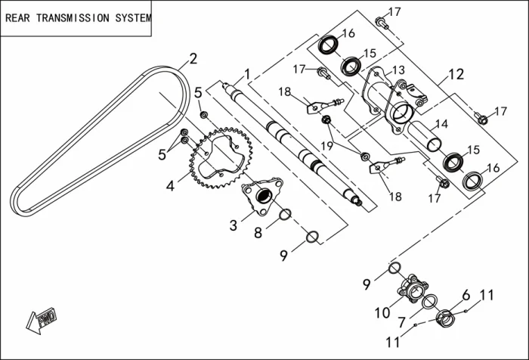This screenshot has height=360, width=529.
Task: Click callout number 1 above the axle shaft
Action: click(246, 74)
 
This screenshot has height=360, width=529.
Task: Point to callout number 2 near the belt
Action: click(193, 58)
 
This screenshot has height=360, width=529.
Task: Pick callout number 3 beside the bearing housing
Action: click(234, 225)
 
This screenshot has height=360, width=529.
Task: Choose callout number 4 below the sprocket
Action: click(171, 185)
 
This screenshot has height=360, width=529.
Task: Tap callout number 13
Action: click(398, 70)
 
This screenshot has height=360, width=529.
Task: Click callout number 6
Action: click(466, 295)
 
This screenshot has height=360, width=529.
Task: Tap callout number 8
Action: click(258, 233)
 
